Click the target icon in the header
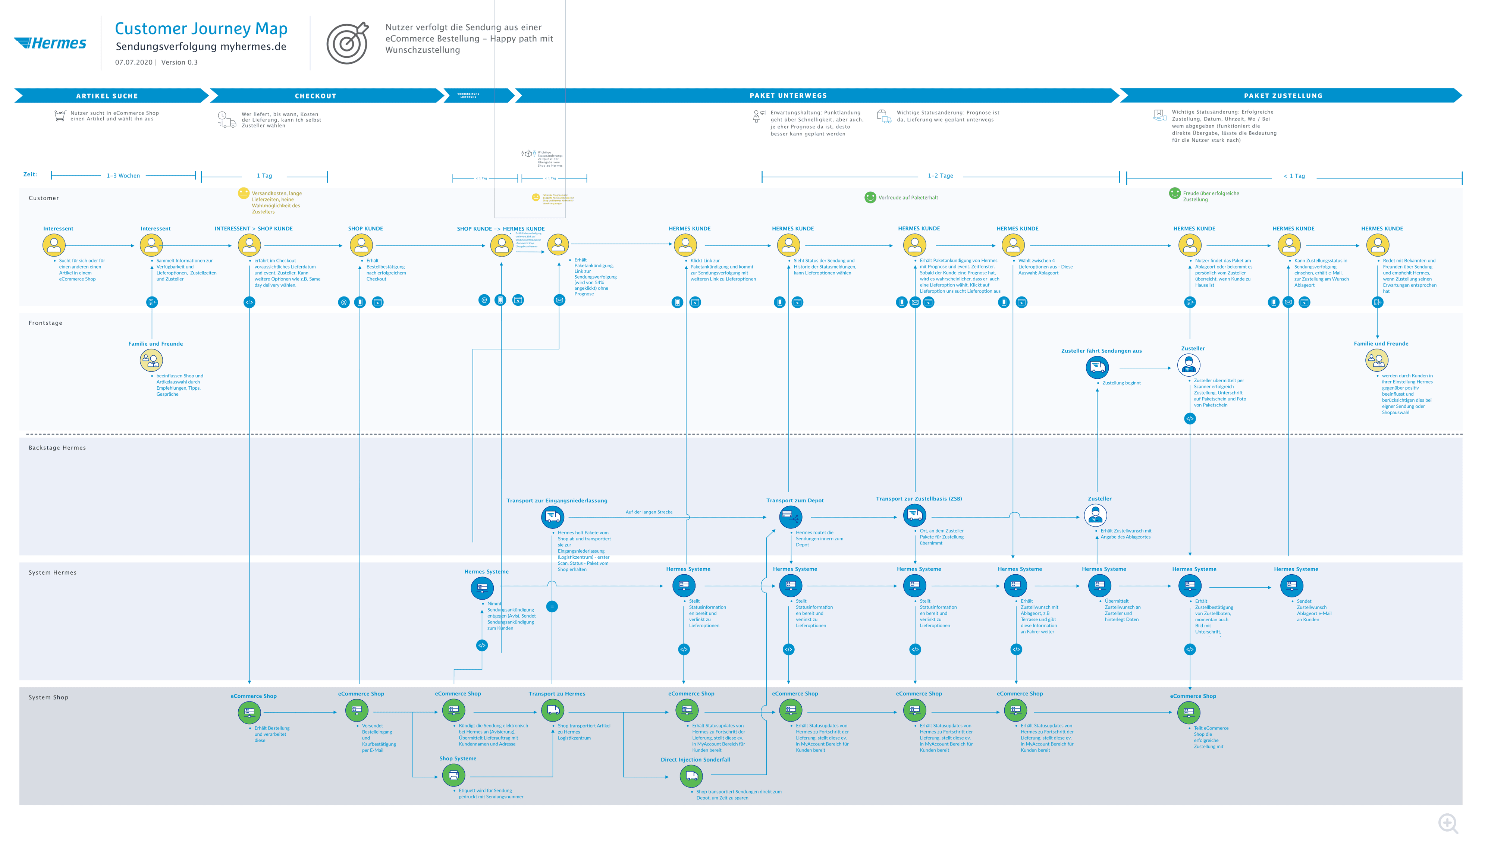click(x=347, y=43)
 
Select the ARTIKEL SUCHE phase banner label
click(x=107, y=96)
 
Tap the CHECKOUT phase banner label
click(x=315, y=96)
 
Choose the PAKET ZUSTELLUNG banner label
click(x=1282, y=95)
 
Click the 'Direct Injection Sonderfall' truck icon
click(x=691, y=776)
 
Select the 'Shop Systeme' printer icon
click(x=453, y=775)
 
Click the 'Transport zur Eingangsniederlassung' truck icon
click(x=552, y=516)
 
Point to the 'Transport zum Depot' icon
click(x=790, y=516)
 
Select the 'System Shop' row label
click(x=48, y=697)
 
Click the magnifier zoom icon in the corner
click(x=1448, y=823)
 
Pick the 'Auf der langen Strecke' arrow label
click(x=649, y=512)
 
